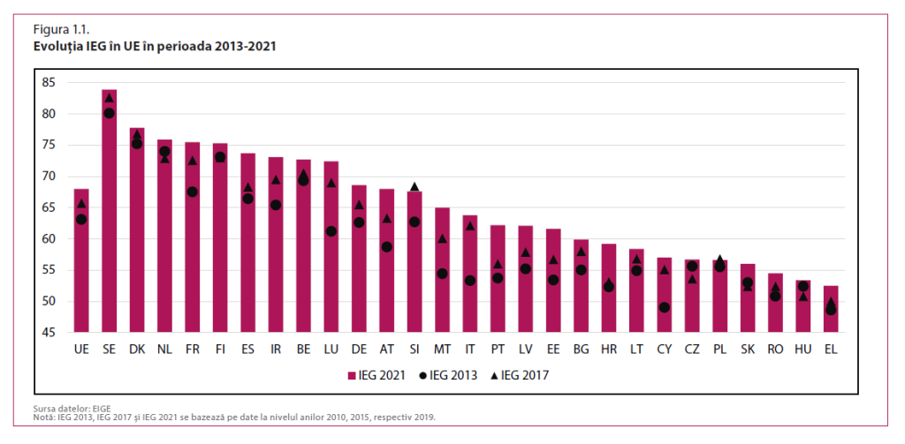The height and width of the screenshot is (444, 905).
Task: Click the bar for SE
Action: [x=109, y=212]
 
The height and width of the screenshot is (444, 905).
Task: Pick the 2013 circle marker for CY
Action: [x=664, y=307]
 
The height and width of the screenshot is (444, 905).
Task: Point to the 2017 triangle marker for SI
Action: [x=414, y=187]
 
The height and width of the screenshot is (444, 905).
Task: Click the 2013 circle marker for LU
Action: [x=331, y=231]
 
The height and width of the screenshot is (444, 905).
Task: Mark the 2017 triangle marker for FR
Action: [x=193, y=161]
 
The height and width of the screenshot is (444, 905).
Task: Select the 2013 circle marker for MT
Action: [x=442, y=274]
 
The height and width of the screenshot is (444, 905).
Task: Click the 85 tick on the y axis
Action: [x=48, y=82]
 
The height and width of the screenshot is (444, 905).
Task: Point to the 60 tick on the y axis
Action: [x=48, y=238]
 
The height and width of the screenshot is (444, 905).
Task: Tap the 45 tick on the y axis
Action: [x=48, y=333]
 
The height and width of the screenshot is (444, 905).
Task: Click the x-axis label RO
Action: [x=775, y=350]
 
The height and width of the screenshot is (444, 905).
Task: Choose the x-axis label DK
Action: [x=137, y=350]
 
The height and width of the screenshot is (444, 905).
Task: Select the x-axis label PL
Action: [x=719, y=350]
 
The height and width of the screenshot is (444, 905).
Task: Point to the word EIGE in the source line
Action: [x=92, y=409]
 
